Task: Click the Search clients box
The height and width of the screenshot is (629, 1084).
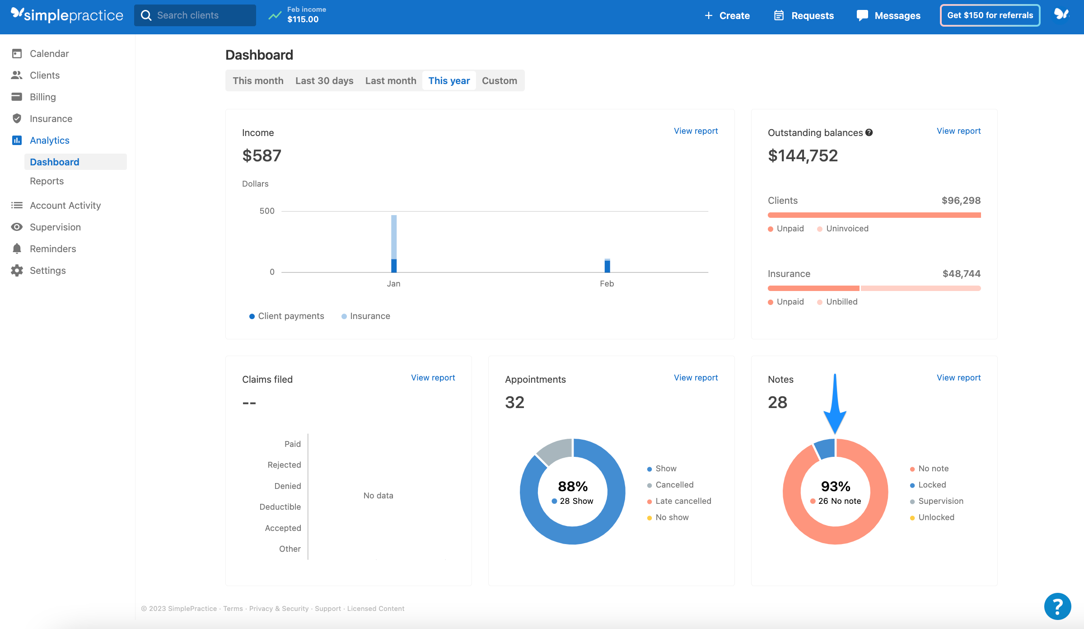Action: (195, 15)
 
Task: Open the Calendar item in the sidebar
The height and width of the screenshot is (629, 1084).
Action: (49, 53)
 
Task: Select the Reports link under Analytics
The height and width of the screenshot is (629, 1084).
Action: (47, 181)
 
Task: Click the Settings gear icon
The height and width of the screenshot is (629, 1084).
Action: (17, 271)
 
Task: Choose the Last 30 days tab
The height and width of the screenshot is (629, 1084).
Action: (324, 81)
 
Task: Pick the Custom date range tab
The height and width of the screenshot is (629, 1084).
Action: (499, 81)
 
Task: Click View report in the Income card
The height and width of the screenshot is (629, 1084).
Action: (696, 131)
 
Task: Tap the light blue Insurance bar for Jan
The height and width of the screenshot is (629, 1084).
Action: (394, 236)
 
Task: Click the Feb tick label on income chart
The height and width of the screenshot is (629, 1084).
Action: (607, 284)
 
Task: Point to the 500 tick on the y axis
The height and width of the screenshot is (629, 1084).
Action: (267, 211)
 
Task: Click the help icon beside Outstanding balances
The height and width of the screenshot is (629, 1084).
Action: (869, 133)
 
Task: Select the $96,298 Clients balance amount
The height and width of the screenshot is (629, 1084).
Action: (961, 201)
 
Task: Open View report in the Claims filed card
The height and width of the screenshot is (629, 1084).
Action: (433, 378)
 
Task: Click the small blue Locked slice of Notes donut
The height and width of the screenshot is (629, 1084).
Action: (825, 449)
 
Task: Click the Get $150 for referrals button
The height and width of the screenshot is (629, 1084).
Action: (990, 15)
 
